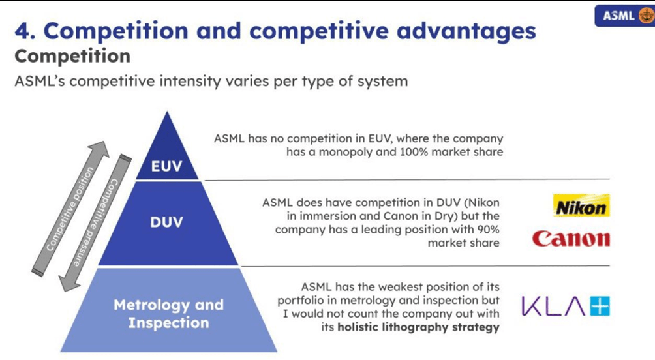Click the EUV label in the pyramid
click(166, 166)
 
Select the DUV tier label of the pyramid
click(166, 222)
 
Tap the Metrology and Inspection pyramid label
click(168, 314)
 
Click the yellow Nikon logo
click(581, 207)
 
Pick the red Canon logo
click(571, 238)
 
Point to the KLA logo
click(566, 306)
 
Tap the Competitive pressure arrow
click(94, 222)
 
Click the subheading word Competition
click(72, 56)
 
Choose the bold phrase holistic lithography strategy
click(418, 327)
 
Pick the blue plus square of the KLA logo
click(600, 306)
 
